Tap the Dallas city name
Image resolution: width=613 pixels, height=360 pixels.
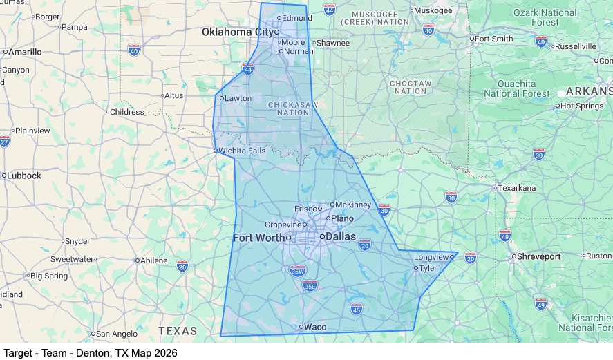(x=340, y=236)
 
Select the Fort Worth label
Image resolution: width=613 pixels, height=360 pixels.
(x=258, y=238)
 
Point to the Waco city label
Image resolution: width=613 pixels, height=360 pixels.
(x=315, y=327)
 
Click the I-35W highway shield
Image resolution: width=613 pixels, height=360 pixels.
(x=298, y=271)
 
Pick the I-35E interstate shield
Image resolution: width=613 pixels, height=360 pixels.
(x=310, y=285)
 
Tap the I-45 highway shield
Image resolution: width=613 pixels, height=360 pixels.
(x=356, y=308)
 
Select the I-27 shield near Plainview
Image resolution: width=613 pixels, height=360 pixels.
(x=4, y=141)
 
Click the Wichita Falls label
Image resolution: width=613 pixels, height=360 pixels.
(x=242, y=150)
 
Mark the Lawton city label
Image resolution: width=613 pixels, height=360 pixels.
(x=238, y=98)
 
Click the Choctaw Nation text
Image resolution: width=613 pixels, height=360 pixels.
(x=411, y=87)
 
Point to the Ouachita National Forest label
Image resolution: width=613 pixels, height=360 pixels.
(x=517, y=88)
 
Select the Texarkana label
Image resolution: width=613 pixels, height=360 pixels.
(x=518, y=187)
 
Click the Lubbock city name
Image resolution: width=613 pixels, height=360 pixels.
(x=24, y=176)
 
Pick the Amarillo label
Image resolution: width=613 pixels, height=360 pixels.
(x=25, y=52)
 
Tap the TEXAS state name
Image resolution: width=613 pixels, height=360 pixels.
(x=178, y=331)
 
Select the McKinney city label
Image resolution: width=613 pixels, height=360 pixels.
(x=353, y=205)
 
